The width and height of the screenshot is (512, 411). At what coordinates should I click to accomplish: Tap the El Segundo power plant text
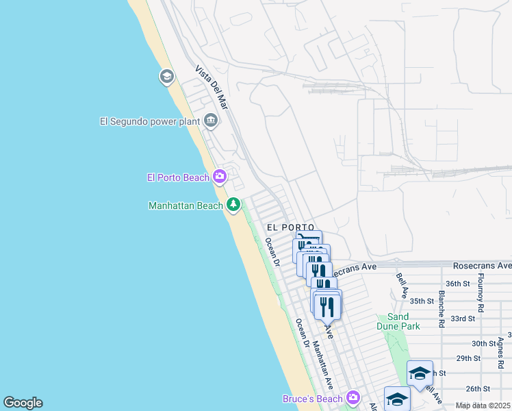tap(149, 121)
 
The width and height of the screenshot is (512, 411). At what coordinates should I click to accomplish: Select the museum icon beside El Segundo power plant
tap(211, 121)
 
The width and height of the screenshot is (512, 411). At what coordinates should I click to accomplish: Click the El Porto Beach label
tap(178, 177)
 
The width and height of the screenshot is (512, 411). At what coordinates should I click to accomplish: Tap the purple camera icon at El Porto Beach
tap(220, 177)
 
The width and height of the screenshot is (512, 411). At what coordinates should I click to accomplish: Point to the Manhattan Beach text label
tap(185, 205)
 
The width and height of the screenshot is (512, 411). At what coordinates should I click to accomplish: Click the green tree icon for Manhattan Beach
tap(233, 204)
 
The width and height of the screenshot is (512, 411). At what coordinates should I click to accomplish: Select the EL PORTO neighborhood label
tap(290, 227)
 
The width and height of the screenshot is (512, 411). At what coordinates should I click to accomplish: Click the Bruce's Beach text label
tap(312, 398)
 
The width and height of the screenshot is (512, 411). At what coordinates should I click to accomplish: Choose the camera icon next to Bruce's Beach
tap(353, 397)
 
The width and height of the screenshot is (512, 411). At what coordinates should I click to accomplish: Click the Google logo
tap(23, 403)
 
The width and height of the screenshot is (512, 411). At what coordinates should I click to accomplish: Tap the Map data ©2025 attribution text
tap(483, 406)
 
